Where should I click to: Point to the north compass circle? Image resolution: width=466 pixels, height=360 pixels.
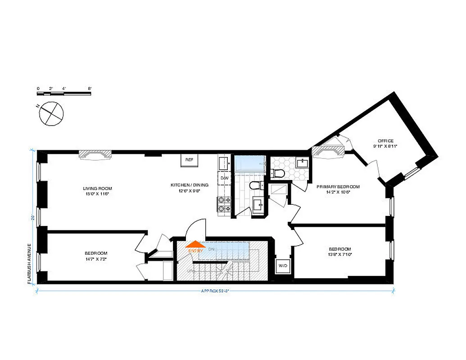50,113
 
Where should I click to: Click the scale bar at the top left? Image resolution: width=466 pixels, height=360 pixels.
64,93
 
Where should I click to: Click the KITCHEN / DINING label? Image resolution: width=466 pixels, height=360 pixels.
189,187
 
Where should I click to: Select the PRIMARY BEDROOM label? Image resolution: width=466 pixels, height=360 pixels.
338,189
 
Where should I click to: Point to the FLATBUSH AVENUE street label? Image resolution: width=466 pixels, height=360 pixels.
28,263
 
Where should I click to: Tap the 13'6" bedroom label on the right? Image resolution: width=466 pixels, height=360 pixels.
340,252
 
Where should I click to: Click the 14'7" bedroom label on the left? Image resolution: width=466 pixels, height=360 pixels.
96,256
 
